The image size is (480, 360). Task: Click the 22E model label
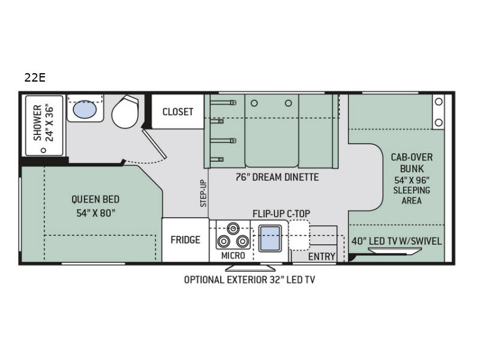pos(35,78)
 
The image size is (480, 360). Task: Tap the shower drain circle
pos(43,151)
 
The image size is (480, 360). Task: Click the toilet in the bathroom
pos(125,112)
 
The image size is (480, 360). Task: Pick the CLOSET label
pos(178,112)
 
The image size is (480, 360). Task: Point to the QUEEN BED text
pos(95,199)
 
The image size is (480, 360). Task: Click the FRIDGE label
pos(185,239)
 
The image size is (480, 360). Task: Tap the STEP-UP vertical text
pos(203,193)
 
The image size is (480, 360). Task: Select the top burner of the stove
pos(233,228)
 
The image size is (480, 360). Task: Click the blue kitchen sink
pos(270,238)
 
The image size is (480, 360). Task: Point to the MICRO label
pos(233,256)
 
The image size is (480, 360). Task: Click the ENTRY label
pos(322,257)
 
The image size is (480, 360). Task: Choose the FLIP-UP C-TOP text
pos(281,214)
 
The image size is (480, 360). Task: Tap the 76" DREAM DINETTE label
pos(277,177)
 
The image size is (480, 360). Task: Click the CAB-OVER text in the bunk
pos(412,157)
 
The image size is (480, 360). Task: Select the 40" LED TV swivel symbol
pos(395,251)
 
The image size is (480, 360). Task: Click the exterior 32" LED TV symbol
pos(250,268)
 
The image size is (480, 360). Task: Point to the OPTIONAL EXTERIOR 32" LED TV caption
pos(250,280)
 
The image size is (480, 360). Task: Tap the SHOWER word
pos(37,123)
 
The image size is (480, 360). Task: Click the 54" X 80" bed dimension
pos(96,213)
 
